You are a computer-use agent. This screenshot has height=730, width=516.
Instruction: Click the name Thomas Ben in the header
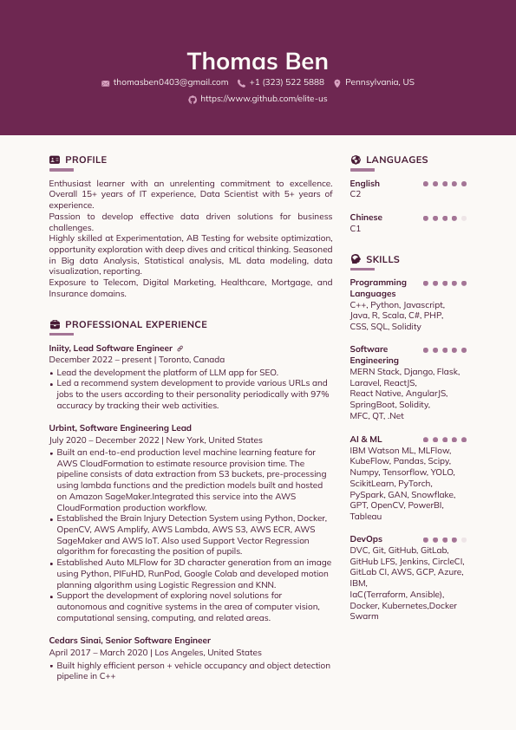258,62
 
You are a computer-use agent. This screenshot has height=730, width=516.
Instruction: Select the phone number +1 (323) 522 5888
286,82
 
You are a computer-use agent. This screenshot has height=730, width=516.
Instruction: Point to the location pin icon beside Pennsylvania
337,83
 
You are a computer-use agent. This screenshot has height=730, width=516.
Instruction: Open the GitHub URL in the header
264,100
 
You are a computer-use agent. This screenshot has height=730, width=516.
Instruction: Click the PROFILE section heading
86,160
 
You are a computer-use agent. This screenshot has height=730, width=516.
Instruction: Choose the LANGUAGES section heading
396,160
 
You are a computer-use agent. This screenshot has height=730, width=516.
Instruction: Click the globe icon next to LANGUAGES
356,160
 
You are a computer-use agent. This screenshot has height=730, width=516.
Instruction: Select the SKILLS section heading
382,259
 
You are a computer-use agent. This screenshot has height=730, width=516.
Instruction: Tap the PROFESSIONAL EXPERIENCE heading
136,325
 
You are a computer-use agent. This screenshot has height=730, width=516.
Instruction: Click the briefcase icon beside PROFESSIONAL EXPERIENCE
55,325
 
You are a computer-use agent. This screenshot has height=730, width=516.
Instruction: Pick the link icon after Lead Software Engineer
180,349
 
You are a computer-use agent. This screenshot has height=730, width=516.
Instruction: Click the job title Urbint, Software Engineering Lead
121,428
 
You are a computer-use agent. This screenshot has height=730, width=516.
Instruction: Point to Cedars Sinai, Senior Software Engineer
129,641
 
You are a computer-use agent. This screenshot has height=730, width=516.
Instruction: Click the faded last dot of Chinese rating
464,218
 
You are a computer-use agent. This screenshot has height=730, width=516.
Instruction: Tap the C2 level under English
356,195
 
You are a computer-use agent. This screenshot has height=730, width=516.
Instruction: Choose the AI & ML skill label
366,440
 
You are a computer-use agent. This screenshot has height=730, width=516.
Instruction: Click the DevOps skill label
366,539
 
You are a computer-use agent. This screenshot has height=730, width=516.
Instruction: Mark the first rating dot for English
425,184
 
